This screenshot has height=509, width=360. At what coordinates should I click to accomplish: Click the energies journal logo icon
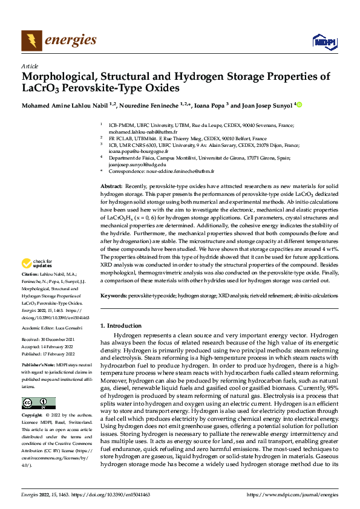[x=32, y=41]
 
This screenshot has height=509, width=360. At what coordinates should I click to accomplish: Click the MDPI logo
[x=323, y=41]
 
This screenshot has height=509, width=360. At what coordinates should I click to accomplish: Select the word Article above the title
[x=30, y=66]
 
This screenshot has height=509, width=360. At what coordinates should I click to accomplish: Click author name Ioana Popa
[x=209, y=105]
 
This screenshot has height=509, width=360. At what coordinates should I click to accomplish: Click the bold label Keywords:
[x=114, y=297]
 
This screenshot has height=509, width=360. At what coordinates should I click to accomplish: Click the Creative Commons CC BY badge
[x=38, y=403]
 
